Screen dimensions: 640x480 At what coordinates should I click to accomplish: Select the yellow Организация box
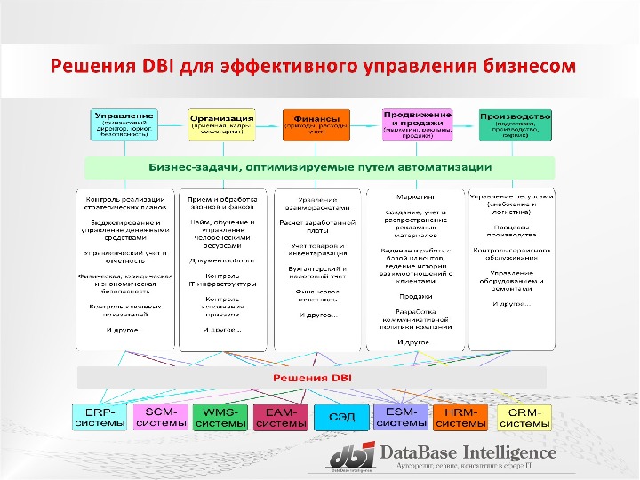221,125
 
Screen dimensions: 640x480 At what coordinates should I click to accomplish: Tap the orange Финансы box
316,125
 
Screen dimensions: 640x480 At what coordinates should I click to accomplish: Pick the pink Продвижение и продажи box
414,124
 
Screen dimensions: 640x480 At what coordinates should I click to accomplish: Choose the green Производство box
515,125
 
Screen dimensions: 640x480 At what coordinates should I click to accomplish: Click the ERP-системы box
100,418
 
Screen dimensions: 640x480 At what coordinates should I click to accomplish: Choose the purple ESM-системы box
402,418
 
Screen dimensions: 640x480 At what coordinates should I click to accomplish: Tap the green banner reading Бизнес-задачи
319,167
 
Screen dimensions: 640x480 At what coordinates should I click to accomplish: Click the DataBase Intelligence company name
468,452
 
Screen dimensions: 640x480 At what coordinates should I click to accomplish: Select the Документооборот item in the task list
221,260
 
